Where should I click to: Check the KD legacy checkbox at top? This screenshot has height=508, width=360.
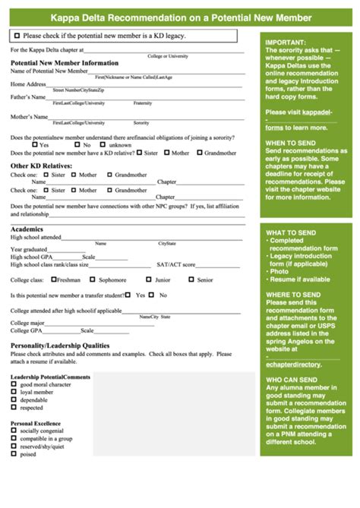[x=17, y=36]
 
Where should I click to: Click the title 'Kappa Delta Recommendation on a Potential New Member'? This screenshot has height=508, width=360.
[x=179, y=15]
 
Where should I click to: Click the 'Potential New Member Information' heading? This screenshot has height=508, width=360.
[x=65, y=63]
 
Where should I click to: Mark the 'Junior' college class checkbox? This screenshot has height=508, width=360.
[x=148, y=279]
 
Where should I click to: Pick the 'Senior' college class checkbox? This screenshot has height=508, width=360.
[x=190, y=279]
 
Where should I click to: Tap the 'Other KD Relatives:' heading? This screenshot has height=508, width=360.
[x=41, y=166]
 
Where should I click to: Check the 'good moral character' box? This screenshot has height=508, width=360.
[x=14, y=384]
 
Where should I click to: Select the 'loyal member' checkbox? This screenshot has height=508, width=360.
[x=14, y=392]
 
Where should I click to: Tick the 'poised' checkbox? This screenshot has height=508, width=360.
[x=14, y=454]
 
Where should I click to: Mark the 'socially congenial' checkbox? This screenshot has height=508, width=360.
[x=14, y=431]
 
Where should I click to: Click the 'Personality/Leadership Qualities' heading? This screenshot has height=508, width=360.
[x=60, y=346]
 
